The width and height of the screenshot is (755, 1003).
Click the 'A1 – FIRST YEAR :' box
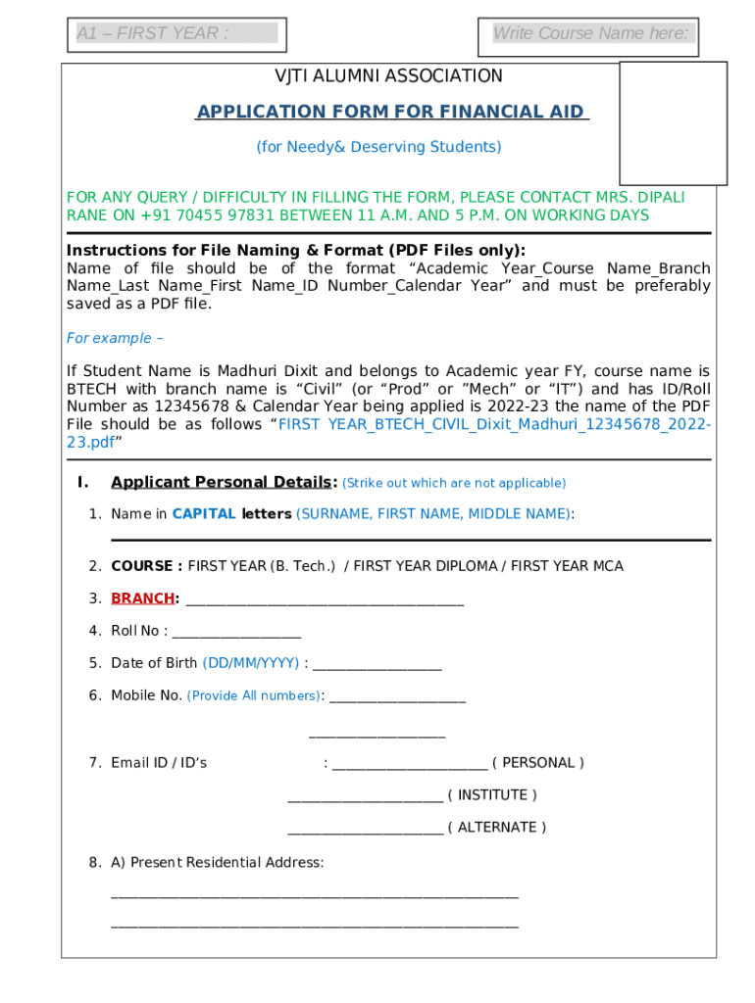(x=176, y=34)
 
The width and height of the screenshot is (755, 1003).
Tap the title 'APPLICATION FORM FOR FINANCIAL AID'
(x=392, y=112)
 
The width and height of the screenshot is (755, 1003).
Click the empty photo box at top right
(x=673, y=122)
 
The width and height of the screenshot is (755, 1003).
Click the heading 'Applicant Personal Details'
(x=223, y=482)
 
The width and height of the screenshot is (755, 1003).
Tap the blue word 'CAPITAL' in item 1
(x=204, y=513)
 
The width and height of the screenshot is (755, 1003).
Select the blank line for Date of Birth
(x=377, y=665)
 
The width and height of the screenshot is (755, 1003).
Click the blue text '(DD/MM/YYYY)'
(x=251, y=663)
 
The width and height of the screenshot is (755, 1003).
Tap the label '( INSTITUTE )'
(x=492, y=794)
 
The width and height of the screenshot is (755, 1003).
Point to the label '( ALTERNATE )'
(x=497, y=827)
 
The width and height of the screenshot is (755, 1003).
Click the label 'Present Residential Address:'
(x=226, y=862)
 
